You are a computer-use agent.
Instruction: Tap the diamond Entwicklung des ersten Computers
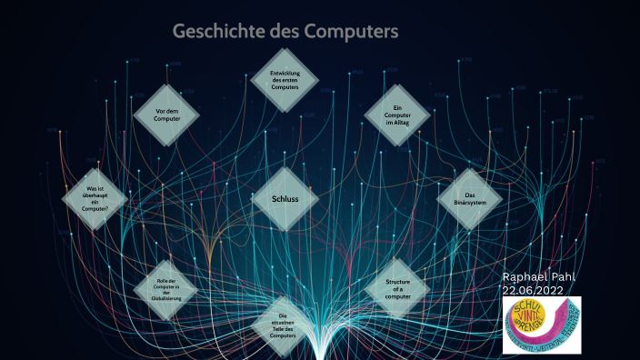click(x=284, y=80)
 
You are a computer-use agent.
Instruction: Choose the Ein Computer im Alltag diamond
click(x=397, y=115)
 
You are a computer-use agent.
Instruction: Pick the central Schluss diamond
click(x=285, y=197)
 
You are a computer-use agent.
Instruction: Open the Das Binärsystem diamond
click(x=470, y=198)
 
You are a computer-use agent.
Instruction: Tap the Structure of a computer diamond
click(x=397, y=288)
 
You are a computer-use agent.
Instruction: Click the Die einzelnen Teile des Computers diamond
click(x=284, y=325)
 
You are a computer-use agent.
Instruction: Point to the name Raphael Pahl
click(x=539, y=276)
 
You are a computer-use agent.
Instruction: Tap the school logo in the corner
click(x=541, y=325)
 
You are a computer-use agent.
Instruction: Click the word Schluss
click(x=285, y=197)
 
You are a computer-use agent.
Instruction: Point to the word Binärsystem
click(x=470, y=203)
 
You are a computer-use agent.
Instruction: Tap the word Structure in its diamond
click(x=397, y=282)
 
